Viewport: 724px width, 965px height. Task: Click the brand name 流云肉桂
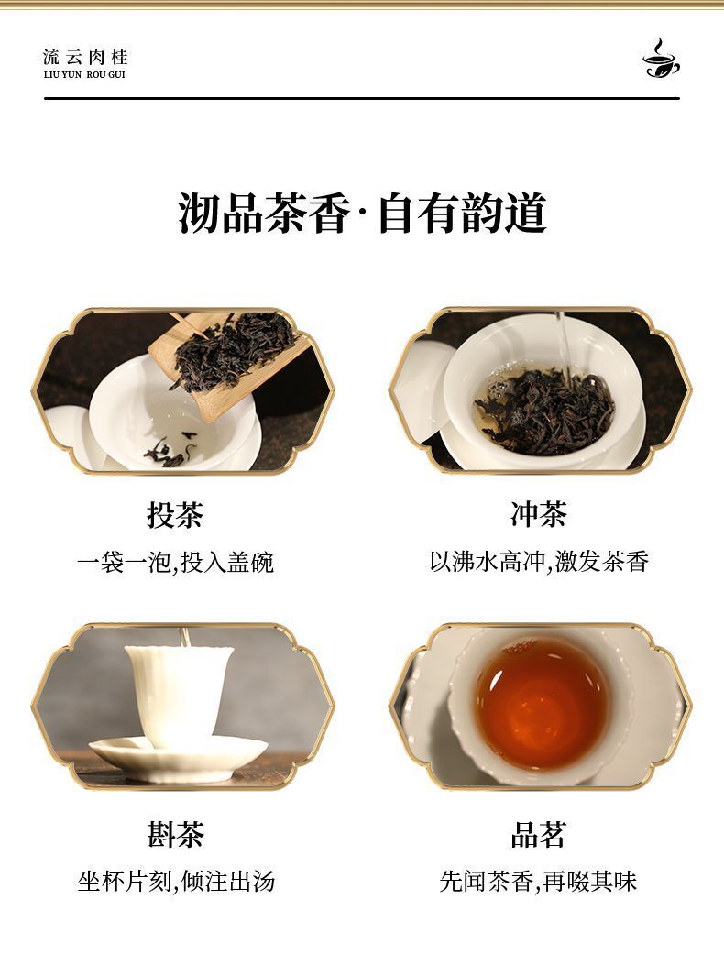coord(85,58)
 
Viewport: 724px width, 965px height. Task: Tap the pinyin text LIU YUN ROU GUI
coord(84,75)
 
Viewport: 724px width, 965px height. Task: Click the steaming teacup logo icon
coord(662,59)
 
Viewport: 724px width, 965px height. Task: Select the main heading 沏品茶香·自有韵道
coord(362,214)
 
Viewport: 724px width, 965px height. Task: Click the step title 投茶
coord(175,514)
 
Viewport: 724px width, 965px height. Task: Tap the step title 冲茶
coord(539,514)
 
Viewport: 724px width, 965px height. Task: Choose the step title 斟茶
coord(175,835)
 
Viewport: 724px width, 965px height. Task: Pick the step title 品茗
coord(539,835)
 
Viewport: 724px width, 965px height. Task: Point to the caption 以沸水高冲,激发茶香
coord(539,561)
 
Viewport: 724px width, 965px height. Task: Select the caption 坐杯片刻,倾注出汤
coord(176,882)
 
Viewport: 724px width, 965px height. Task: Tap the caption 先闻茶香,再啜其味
coord(539,882)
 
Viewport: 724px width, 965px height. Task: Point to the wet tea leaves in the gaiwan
coord(545,411)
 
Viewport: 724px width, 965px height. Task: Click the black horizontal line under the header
coord(362,98)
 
